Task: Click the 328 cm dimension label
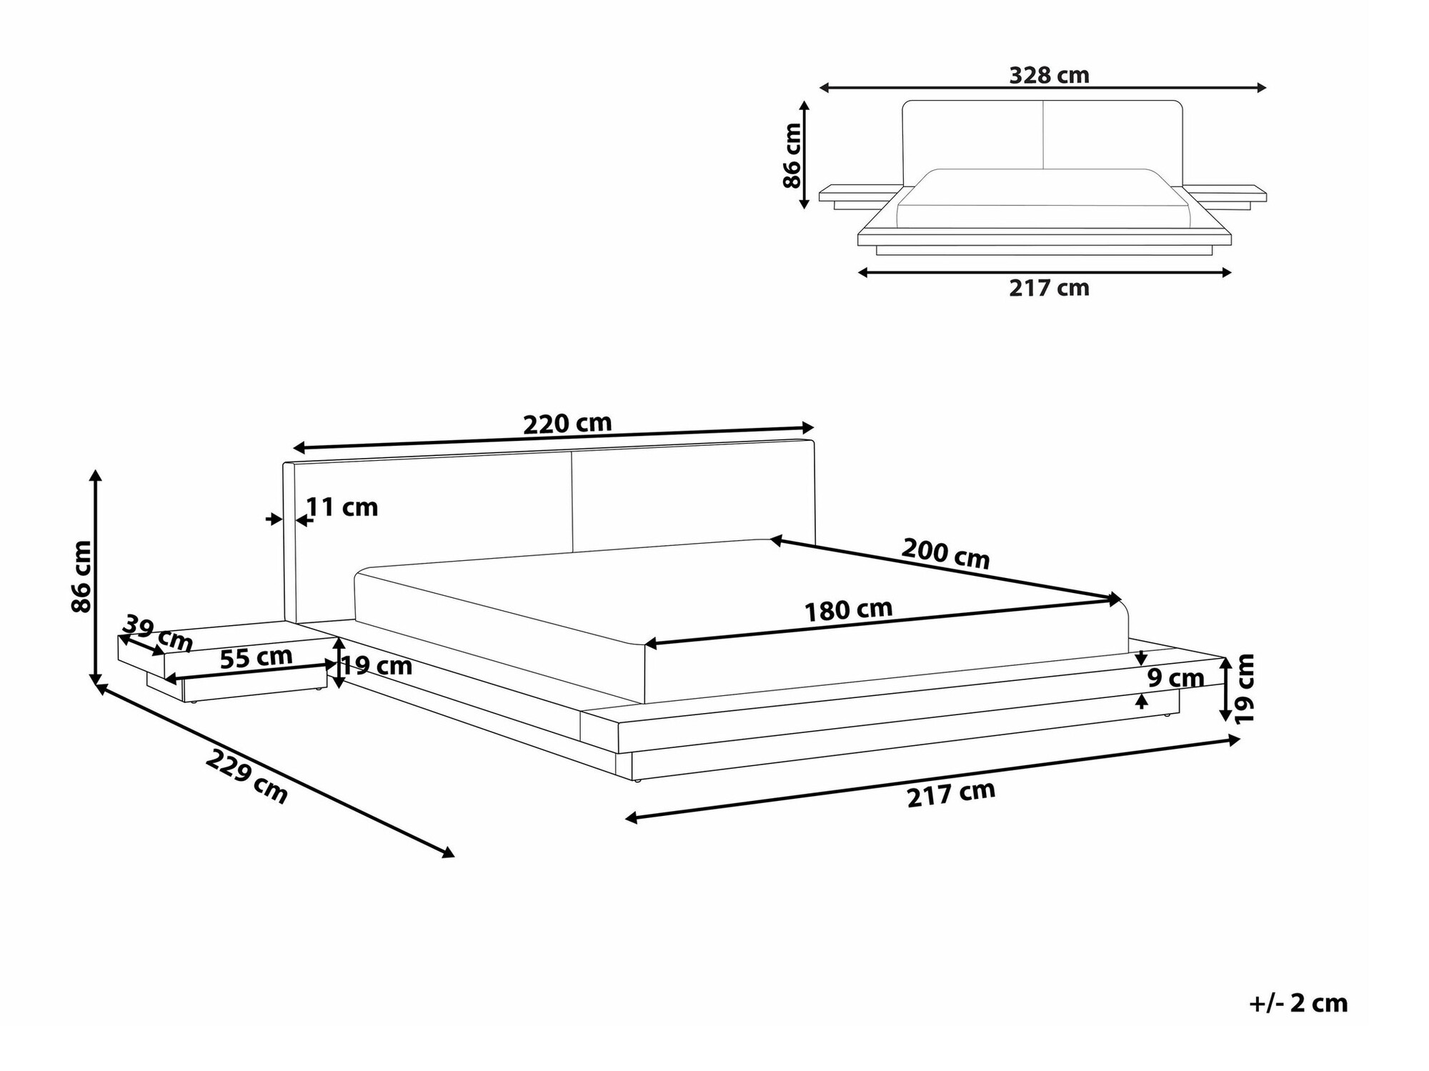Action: (x=1049, y=75)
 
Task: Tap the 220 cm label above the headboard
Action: (x=567, y=424)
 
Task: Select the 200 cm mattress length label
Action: (x=945, y=553)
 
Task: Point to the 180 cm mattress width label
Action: (x=848, y=610)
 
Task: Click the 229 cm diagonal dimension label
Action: (x=247, y=776)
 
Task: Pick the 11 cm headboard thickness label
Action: (x=342, y=507)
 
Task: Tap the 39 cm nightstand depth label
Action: (x=158, y=633)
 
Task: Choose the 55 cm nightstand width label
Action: (x=256, y=657)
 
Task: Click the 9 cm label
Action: (x=1175, y=678)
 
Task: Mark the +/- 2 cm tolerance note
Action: (x=1298, y=1003)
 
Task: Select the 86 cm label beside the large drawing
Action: (x=81, y=576)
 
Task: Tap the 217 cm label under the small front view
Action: (x=1049, y=288)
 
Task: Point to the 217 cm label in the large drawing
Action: (x=950, y=794)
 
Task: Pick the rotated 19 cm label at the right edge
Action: (x=1245, y=687)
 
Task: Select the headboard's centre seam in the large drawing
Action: (x=572, y=500)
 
